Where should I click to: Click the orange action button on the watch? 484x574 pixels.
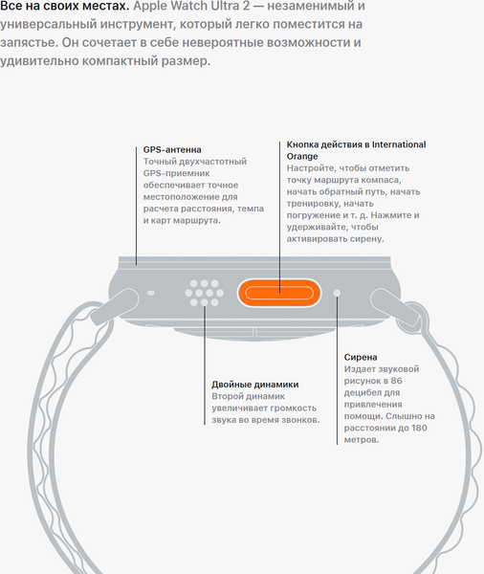point(279,293)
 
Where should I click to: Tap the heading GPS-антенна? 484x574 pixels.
point(172,150)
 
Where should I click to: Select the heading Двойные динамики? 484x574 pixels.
point(254,385)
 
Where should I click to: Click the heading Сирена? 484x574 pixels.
point(361,357)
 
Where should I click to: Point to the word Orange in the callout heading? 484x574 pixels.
point(302,156)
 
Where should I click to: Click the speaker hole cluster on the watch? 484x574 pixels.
point(205,293)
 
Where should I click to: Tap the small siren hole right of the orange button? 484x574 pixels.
point(337,293)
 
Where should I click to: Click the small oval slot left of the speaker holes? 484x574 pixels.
point(150,293)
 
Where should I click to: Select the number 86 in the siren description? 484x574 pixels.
point(396,381)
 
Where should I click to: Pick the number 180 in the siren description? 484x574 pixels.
point(419,428)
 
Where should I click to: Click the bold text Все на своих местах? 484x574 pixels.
point(65,6)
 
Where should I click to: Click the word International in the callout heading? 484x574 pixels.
point(399,144)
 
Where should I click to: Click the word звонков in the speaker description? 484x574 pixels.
point(303,420)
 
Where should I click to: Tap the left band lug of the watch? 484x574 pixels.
point(114,307)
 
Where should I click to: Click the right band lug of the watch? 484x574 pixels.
point(395,307)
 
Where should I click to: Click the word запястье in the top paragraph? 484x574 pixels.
point(29,43)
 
